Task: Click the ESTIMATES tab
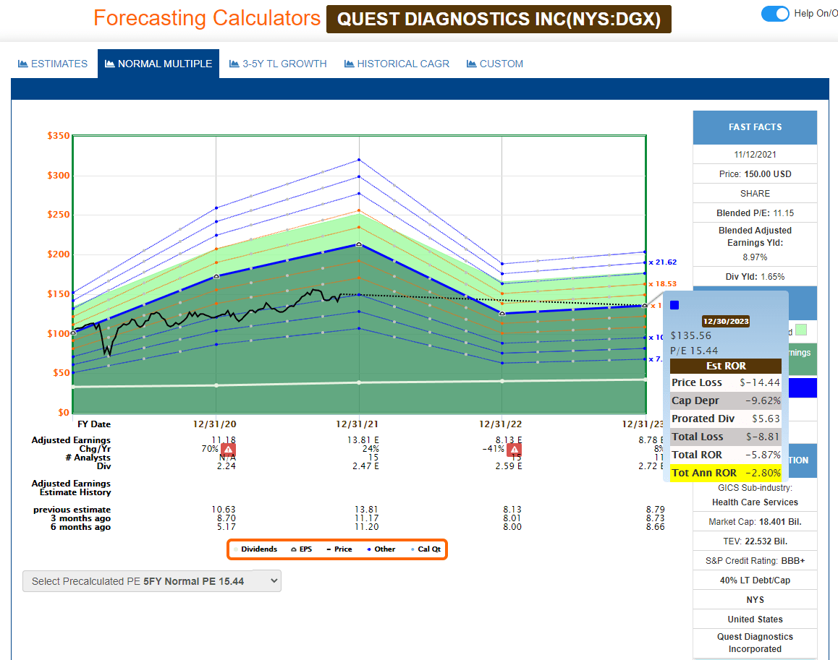pyautogui.click(x=53, y=64)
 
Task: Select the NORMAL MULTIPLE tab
pyautogui.click(x=158, y=64)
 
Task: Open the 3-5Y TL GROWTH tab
pyautogui.click(x=278, y=64)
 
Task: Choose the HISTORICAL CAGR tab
pyautogui.click(x=397, y=64)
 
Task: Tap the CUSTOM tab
pyautogui.click(x=495, y=64)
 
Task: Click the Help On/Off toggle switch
pyautogui.click(x=775, y=14)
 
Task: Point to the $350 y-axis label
pyautogui.click(x=58, y=136)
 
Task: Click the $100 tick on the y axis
pyautogui.click(x=58, y=333)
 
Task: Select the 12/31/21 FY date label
pyautogui.click(x=359, y=424)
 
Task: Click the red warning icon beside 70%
pyautogui.click(x=228, y=449)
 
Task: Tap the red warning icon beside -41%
pyautogui.click(x=514, y=449)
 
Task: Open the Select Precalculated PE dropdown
pyautogui.click(x=151, y=581)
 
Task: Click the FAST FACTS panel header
pyautogui.click(x=755, y=127)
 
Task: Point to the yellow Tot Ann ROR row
pyautogui.click(x=726, y=473)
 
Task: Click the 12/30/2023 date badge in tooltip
pyautogui.click(x=726, y=321)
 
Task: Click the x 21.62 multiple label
pyautogui.click(x=662, y=262)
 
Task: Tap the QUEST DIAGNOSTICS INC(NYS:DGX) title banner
pyautogui.click(x=499, y=20)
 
